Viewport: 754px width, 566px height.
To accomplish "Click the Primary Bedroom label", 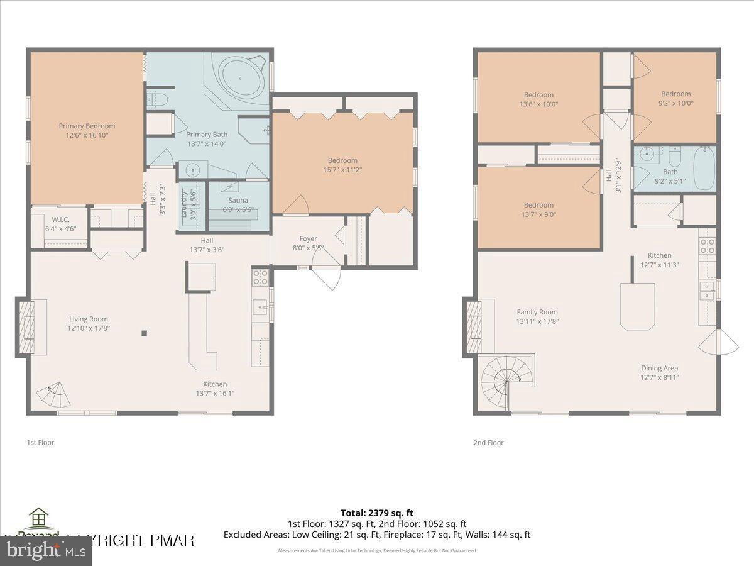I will pyautogui.click(x=87, y=130).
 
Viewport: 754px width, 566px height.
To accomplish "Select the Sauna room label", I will pyautogui.click(x=238, y=205).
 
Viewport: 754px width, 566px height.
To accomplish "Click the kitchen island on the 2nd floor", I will pyautogui.click(x=638, y=306).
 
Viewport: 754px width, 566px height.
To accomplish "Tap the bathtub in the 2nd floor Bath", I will pyautogui.click(x=703, y=168).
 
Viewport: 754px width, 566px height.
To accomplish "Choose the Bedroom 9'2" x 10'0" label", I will pyautogui.click(x=675, y=99).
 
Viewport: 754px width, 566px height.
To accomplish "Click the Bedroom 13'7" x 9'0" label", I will pyautogui.click(x=538, y=209).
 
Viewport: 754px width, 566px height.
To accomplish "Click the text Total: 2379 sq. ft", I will pyautogui.click(x=377, y=513).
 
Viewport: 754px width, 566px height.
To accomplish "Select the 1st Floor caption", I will pyautogui.click(x=40, y=443).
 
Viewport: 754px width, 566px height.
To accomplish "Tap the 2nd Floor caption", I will pyautogui.click(x=488, y=443).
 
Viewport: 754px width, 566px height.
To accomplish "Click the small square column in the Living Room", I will pyautogui.click(x=144, y=333).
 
